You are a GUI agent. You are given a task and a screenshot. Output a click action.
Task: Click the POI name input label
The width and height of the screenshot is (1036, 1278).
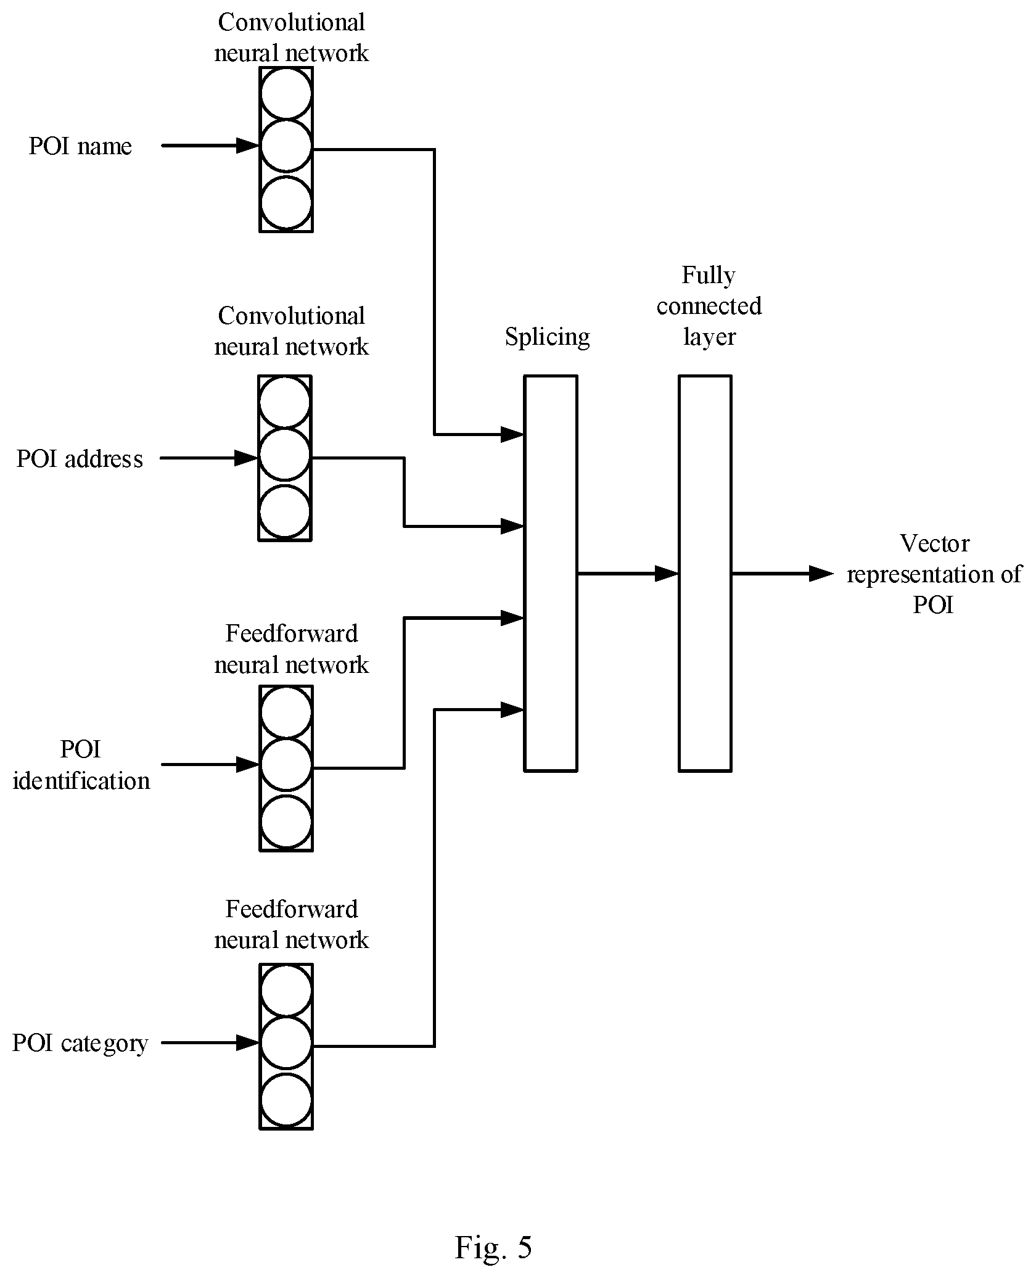[x=80, y=147]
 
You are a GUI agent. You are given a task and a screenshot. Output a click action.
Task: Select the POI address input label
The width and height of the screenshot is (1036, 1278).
[x=80, y=459]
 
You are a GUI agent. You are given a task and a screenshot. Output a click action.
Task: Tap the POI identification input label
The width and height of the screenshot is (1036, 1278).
[x=81, y=765]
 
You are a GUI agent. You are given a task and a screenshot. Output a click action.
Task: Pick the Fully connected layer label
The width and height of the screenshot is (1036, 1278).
[x=709, y=306]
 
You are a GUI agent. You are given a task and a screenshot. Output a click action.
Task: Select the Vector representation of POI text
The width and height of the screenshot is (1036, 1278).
[x=934, y=574]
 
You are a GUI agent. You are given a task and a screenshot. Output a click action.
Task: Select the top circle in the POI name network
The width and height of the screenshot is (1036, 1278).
[x=286, y=94]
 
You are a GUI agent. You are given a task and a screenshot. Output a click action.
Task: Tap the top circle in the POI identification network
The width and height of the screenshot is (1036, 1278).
[x=286, y=712]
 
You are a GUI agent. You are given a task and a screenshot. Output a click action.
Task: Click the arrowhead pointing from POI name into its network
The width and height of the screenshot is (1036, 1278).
[x=248, y=146]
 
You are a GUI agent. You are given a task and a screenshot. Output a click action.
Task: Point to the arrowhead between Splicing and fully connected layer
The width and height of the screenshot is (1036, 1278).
[x=667, y=574]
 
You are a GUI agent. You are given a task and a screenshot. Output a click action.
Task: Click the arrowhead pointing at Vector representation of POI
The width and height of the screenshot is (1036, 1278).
[x=821, y=574]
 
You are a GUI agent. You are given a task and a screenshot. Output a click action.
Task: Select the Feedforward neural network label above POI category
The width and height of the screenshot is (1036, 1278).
[x=291, y=924]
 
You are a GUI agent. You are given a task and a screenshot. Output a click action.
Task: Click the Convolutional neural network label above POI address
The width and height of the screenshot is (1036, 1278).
[x=291, y=331]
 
